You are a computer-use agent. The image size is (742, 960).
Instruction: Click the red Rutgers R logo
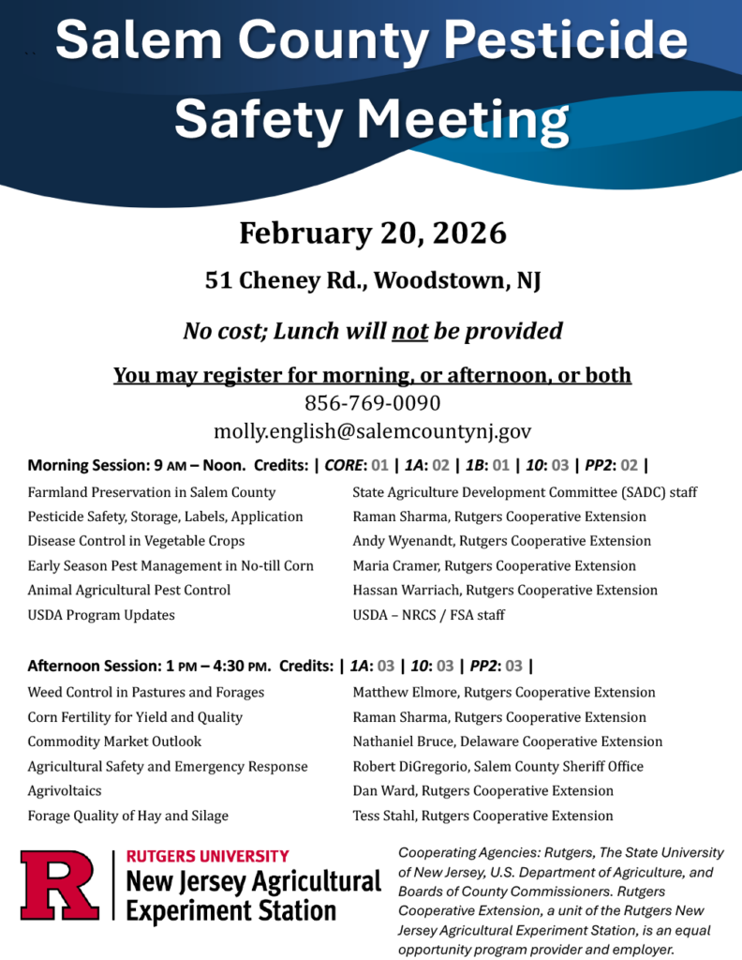click(59, 885)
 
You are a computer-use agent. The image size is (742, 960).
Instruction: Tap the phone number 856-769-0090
click(372, 403)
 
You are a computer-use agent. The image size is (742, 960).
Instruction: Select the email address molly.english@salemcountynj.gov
click(372, 431)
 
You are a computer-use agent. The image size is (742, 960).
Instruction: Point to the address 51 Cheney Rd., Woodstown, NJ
click(372, 280)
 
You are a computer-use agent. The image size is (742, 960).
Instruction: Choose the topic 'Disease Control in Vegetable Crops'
click(136, 541)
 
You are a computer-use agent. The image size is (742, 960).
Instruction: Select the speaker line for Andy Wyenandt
click(501, 541)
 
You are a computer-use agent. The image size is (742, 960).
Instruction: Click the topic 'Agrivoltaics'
click(65, 790)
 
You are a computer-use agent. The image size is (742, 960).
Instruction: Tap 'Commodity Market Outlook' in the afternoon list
click(114, 742)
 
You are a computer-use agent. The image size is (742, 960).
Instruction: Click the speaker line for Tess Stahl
click(482, 816)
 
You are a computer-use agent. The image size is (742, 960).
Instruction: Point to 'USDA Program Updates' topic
click(101, 615)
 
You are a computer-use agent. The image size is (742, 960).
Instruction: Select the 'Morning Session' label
click(82, 465)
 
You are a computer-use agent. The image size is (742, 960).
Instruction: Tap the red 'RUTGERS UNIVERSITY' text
click(207, 856)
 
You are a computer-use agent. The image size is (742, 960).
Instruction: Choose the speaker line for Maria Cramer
click(494, 565)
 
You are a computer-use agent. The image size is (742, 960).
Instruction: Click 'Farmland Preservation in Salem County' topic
click(152, 492)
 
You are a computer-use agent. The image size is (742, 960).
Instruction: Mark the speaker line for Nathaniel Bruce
click(507, 742)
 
